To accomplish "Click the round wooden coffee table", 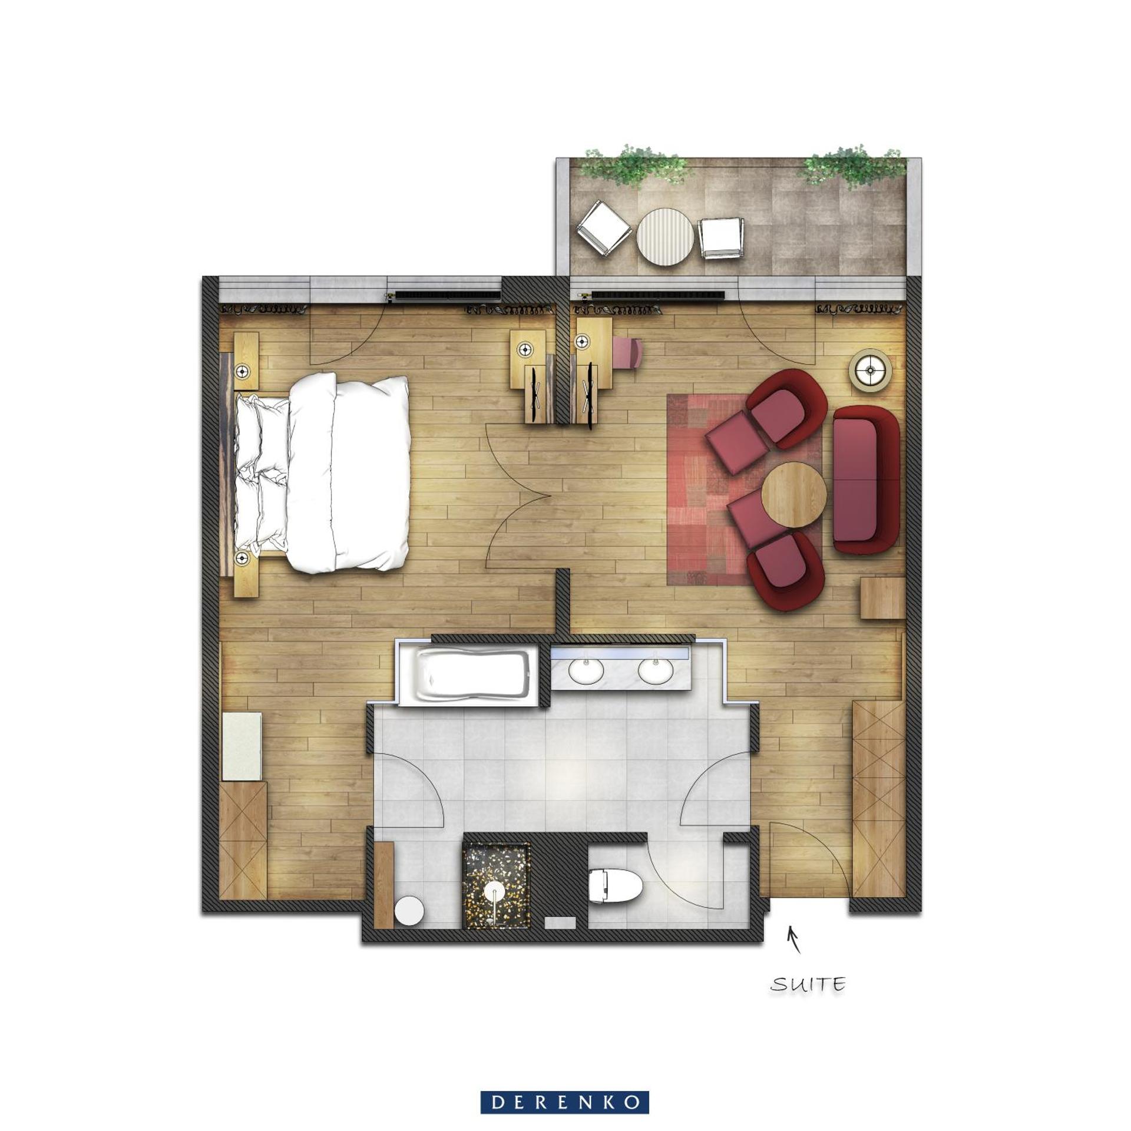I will (793, 494).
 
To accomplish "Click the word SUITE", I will (808, 984).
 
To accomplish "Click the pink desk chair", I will (627, 352).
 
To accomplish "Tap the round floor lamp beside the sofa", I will (869, 370).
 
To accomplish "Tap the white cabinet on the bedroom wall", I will (242, 746).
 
